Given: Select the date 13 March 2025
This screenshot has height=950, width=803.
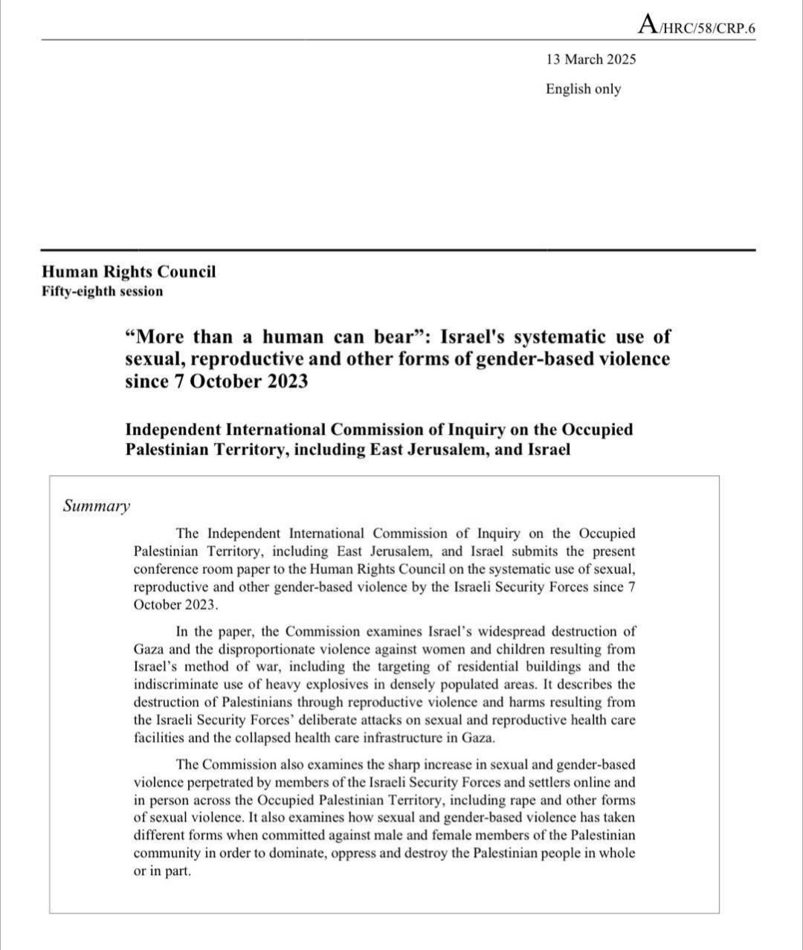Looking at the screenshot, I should [x=590, y=59].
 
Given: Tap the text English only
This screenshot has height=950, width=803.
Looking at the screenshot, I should [x=583, y=89].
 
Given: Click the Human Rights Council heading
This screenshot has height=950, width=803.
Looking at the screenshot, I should [x=129, y=271].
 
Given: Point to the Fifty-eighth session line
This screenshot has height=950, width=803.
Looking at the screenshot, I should [x=102, y=291].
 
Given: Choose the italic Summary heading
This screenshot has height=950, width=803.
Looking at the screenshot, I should [x=97, y=506].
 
